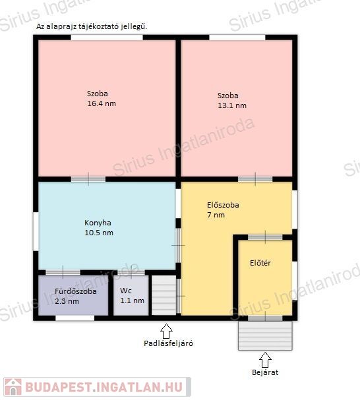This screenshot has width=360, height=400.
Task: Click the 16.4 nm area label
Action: click(102, 103)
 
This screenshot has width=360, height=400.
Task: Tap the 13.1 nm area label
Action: click(232, 105)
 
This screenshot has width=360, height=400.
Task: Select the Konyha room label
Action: click(98, 223)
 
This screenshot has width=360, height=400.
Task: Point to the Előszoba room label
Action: click(223, 205)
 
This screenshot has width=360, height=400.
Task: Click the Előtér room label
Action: click(260, 263)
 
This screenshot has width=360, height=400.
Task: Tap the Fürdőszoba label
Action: click(76, 291)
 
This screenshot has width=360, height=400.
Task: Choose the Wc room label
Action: click(126, 291)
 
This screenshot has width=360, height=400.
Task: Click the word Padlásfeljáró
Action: click(168, 343)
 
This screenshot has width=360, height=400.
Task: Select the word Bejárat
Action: click(265, 372)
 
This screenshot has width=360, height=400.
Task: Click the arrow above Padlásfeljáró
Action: click(166, 331)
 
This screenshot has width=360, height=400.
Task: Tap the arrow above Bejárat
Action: click(265, 360)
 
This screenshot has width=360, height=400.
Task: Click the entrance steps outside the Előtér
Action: click(265, 335)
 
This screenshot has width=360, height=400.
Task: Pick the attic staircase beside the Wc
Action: click(164, 295)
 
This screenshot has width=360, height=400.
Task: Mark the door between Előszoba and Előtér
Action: click(265, 237)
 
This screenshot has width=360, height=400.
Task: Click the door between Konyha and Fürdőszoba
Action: click(63, 272)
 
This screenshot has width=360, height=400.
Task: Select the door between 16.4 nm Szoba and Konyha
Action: click(88, 179)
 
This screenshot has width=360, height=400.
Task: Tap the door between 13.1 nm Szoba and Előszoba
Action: click(255, 179)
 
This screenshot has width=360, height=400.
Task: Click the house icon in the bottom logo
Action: click(13, 387)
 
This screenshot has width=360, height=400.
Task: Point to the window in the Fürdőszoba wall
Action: click(75, 318)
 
